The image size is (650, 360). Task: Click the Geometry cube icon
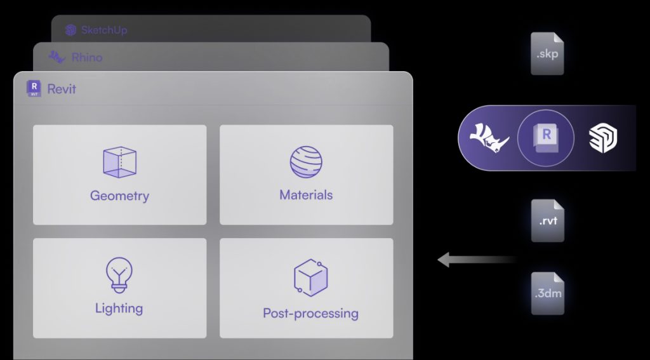(120, 162)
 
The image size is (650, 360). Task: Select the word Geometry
(119, 196)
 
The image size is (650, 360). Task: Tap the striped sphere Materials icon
(307, 162)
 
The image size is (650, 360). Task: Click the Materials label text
(307, 194)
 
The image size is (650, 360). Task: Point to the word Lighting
(119, 309)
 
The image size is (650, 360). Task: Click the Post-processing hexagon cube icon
(310, 277)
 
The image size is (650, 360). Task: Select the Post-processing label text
(310, 313)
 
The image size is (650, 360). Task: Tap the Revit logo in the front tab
(34, 88)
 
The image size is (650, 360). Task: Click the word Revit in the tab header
(62, 89)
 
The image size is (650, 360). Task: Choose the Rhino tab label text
(87, 57)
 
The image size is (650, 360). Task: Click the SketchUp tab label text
(104, 30)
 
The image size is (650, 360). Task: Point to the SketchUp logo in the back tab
(71, 30)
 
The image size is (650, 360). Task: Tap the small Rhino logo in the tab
(56, 57)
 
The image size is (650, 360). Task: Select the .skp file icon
(547, 53)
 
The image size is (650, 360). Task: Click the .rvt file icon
(548, 221)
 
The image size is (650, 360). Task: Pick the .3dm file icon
(548, 293)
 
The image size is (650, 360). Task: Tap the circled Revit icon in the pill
(546, 138)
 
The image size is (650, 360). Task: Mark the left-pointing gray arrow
(477, 260)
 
